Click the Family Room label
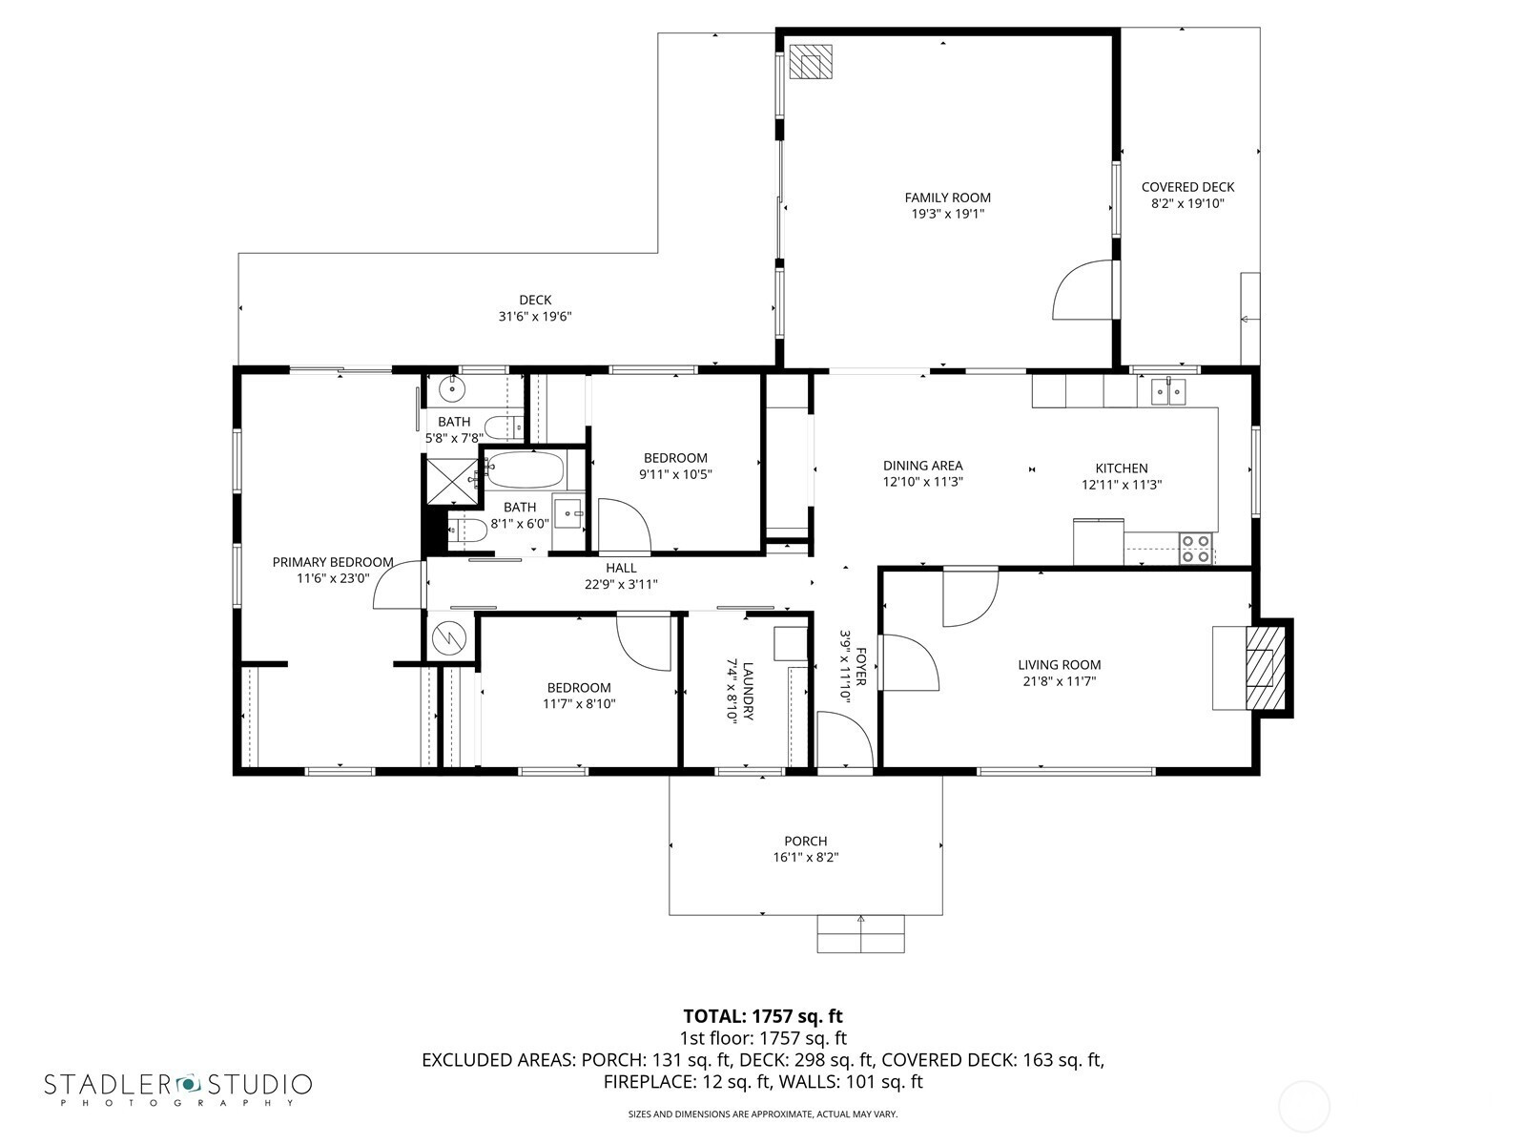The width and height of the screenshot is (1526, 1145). point(948,198)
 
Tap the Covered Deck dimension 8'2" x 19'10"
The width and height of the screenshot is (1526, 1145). point(1186,203)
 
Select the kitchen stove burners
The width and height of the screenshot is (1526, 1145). point(1196,549)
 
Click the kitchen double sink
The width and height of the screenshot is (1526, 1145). point(1167,392)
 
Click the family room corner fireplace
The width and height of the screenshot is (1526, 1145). point(811,63)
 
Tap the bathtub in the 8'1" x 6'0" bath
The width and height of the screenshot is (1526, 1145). point(525,470)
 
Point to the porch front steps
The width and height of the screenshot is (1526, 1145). point(860,934)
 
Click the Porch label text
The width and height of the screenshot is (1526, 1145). point(806,842)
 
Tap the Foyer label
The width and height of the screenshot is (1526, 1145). point(860,667)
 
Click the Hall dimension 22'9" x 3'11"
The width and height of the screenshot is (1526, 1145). point(621,585)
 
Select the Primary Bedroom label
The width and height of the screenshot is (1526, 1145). point(332,562)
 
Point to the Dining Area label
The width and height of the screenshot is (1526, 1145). point(922,466)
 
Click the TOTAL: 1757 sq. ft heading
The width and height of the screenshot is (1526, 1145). point(763,1016)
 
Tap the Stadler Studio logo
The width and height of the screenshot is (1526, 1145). point(178,1090)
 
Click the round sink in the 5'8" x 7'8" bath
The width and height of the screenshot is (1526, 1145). point(453,389)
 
